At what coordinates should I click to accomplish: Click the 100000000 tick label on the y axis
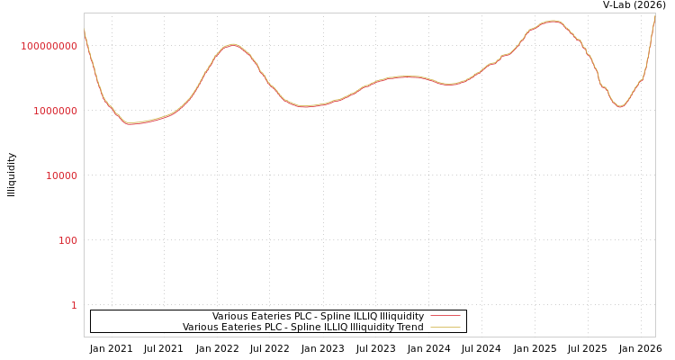pos(49,46)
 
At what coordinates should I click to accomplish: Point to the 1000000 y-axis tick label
pos(55,111)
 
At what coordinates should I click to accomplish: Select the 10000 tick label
pos(61,175)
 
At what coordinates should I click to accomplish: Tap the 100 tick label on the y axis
pos(67,240)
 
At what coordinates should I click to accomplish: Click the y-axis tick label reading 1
pos(74,305)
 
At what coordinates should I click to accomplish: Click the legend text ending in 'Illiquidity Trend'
pos(302,328)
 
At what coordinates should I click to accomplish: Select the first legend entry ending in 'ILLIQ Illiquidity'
pos(318,317)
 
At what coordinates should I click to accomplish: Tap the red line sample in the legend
pos(445,317)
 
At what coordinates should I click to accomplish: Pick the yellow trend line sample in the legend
pos(445,328)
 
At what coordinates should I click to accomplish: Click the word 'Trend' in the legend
pos(410,328)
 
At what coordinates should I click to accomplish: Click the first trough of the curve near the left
pos(130,123)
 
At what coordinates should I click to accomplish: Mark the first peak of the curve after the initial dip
pos(232,44)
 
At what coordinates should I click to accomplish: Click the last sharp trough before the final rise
pos(620,107)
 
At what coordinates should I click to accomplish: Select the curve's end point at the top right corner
pos(655,15)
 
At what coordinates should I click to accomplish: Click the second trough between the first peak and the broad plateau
pos(304,106)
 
